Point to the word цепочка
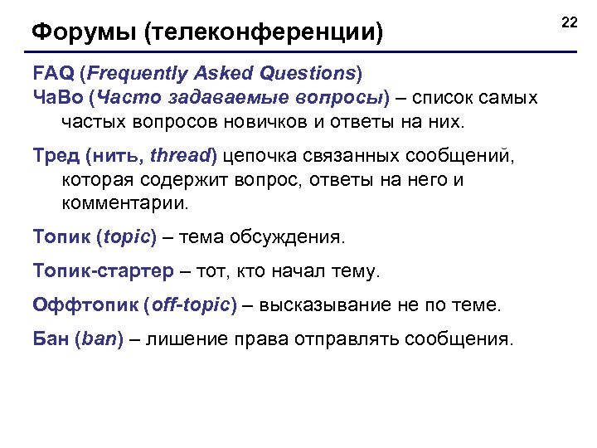[x=264, y=155]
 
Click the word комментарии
[x=125, y=203]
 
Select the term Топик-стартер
[x=104, y=271]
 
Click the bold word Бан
[x=51, y=338]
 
